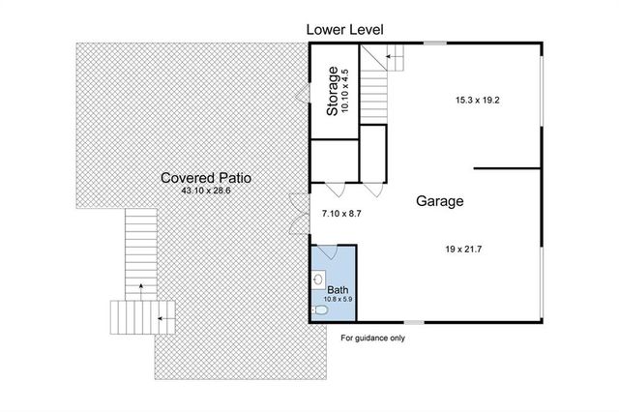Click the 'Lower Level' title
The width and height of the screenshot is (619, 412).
coord(344,30)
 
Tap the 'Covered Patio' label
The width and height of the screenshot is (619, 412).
coord(206,178)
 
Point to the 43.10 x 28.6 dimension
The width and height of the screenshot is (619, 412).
coord(206,191)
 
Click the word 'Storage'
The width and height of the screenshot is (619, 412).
coord(333,91)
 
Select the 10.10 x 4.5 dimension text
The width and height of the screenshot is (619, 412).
coord(344,91)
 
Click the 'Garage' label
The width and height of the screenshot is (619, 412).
coord(440,201)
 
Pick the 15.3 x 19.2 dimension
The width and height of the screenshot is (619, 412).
coord(477,101)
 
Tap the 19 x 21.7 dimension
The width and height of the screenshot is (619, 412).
coord(463,249)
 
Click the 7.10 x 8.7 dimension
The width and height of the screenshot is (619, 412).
coord(341,214)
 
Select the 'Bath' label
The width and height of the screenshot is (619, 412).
coord(338,290)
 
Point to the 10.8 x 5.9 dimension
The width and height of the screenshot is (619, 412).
coord(338,299)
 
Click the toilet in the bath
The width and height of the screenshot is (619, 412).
coord(320,311)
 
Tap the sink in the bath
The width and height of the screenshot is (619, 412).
coord(318,280)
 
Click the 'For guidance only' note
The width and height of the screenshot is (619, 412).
coord(373,338)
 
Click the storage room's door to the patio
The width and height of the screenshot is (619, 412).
coord(303,94)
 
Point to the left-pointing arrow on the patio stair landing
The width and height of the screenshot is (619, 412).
coord(166,318)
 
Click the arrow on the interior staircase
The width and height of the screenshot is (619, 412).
coord(394,56)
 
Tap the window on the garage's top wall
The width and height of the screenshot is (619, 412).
coord(435,43)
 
